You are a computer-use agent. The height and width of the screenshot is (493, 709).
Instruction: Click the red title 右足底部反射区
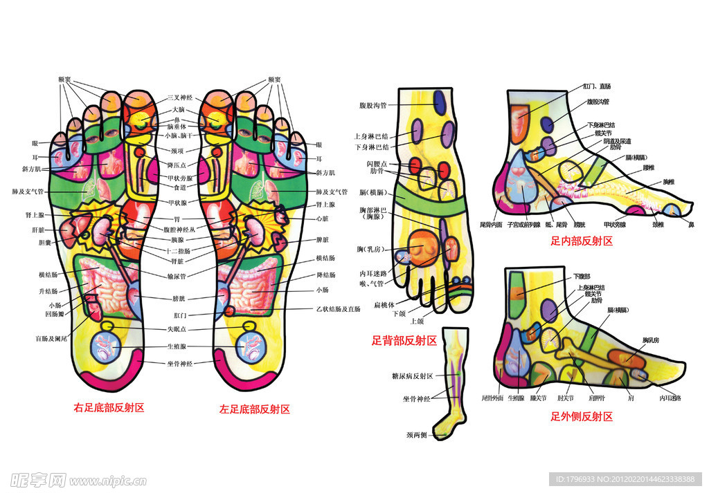point(109,408)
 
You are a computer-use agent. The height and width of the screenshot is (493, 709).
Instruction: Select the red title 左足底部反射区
point(255,409)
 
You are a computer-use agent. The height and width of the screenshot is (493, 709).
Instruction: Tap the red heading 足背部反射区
point(404,340)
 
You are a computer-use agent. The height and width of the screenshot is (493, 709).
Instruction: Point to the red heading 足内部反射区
point(582,241)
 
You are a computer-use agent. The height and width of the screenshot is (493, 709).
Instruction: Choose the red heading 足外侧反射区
point(582,416)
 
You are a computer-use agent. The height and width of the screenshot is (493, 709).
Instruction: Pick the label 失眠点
point(178,329)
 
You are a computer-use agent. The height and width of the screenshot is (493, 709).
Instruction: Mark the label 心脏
point(322,218)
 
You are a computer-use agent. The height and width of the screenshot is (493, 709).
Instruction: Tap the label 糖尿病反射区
point(413,375)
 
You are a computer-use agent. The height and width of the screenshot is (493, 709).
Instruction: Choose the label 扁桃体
point(384,304)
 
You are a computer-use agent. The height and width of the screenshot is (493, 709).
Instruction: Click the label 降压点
point(178,164)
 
